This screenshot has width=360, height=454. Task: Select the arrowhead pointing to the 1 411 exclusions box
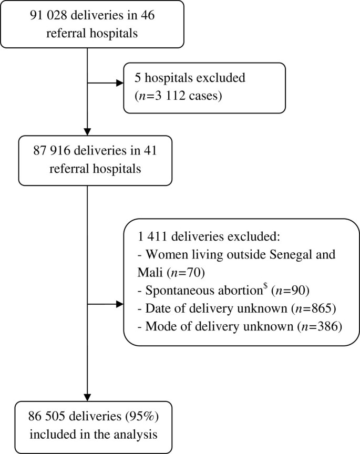click(x=119, y=304)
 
